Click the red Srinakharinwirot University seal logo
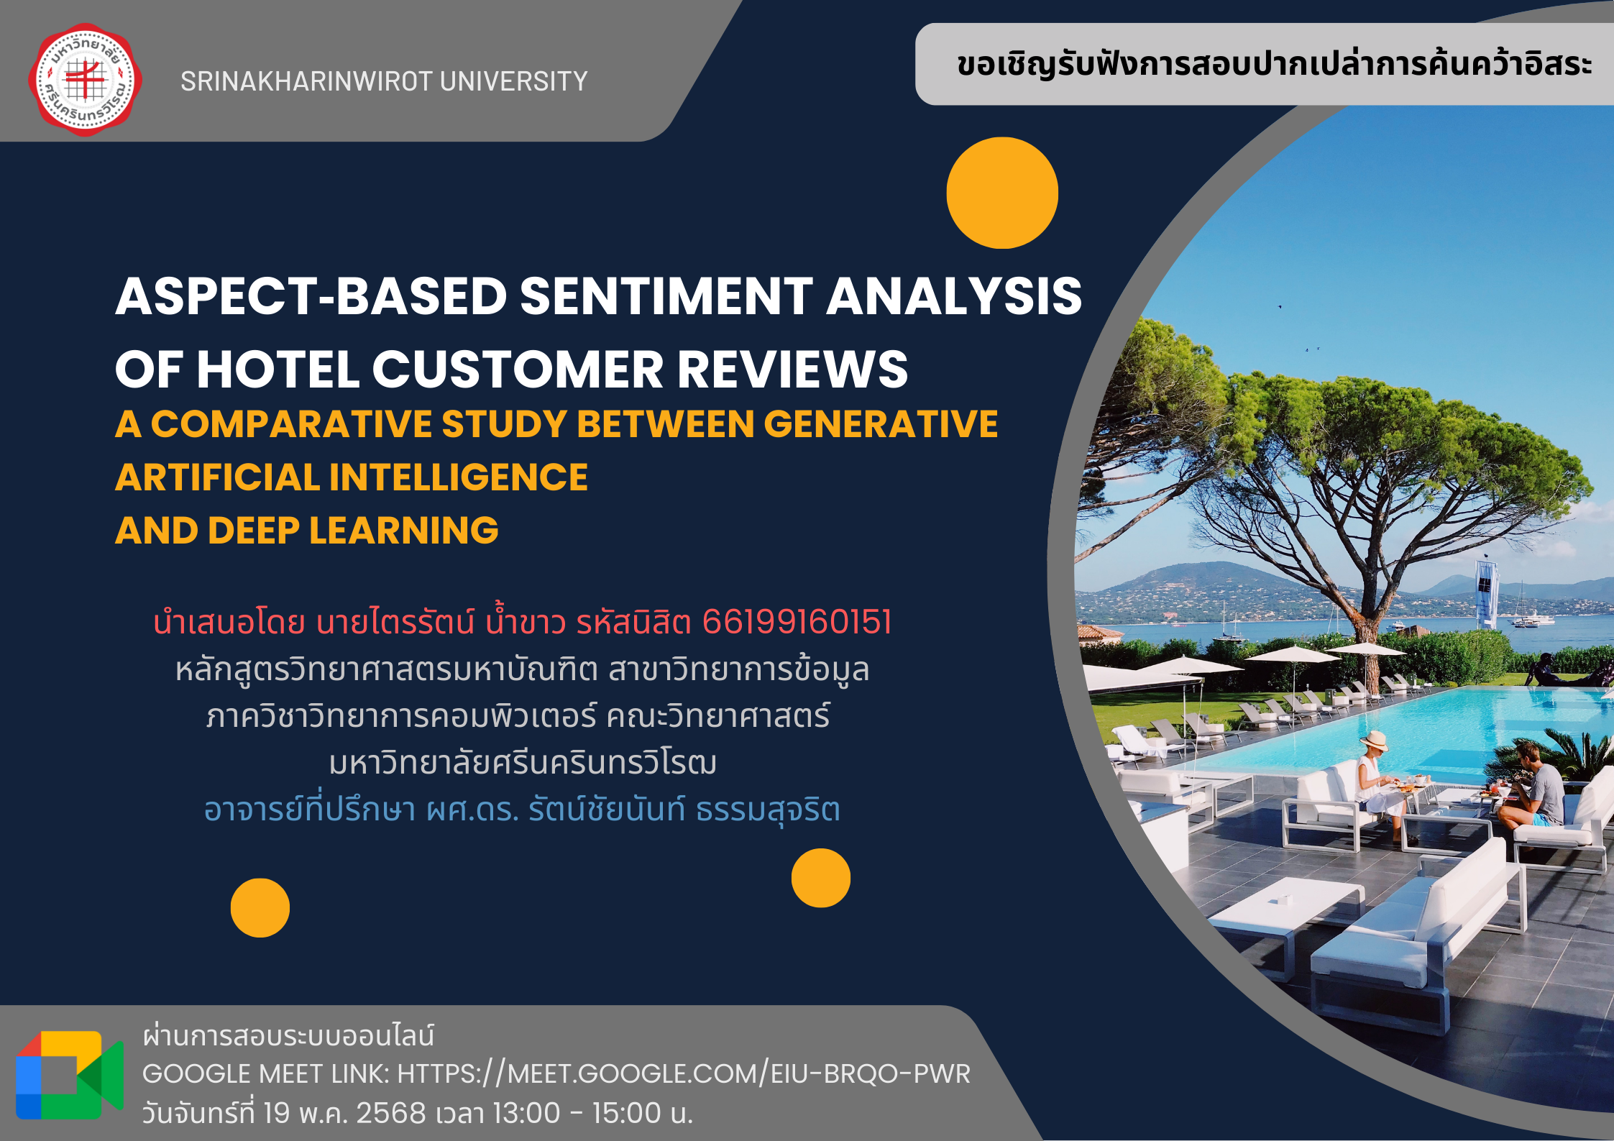coord(85,80)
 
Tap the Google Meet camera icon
coord(69,1075)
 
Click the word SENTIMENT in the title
coord(666,296)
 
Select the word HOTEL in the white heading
coord(278,370)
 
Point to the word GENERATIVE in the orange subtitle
coord(881,423)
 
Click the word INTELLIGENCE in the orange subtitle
coord(459,477)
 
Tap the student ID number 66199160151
coord(797,622)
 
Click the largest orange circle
coord(1002,193)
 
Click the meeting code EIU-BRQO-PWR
coord(871,1073)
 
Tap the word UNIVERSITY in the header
coord(514,81)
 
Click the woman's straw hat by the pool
coord(1373,741)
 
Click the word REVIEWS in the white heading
coord(792,370)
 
